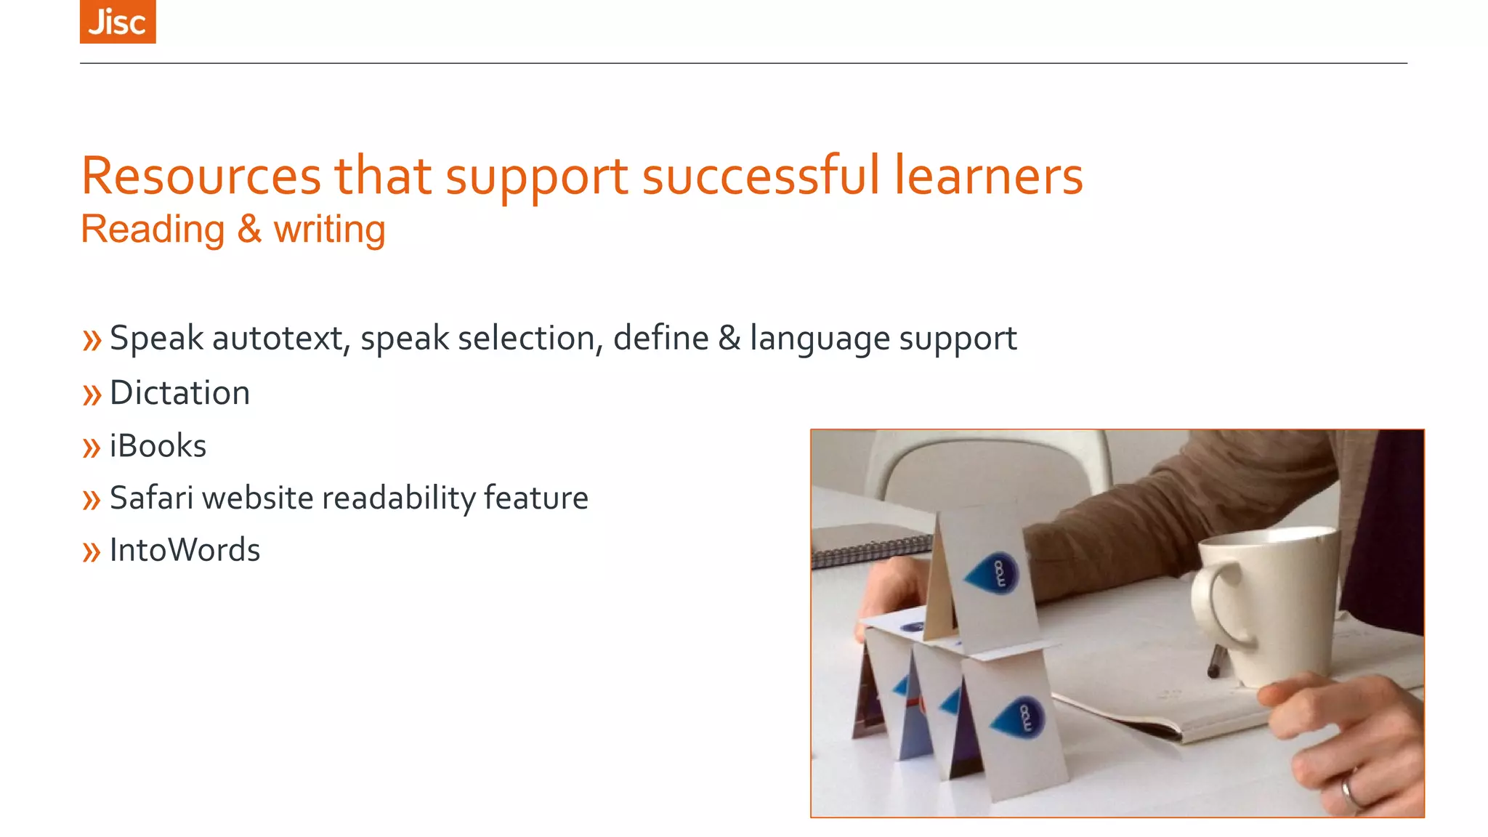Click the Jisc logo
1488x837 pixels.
pos(118,22)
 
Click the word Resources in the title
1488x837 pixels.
pos(201,177)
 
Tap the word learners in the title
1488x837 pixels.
pos(988,177)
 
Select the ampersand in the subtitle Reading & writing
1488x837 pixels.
pos(248,230)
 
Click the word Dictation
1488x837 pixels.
pos(179,393)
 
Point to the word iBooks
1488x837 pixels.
pos(158,446)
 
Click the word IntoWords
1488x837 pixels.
pos(185,551)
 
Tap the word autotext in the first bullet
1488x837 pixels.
pos(278,339)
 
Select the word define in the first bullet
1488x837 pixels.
pos(660,339)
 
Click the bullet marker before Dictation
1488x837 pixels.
pos(92,395)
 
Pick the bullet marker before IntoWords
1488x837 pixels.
pos(92,552)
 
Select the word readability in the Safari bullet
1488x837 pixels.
pos(398,498)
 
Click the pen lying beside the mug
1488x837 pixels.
pos(1215,661)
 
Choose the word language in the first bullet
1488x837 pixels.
pos(820,339)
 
